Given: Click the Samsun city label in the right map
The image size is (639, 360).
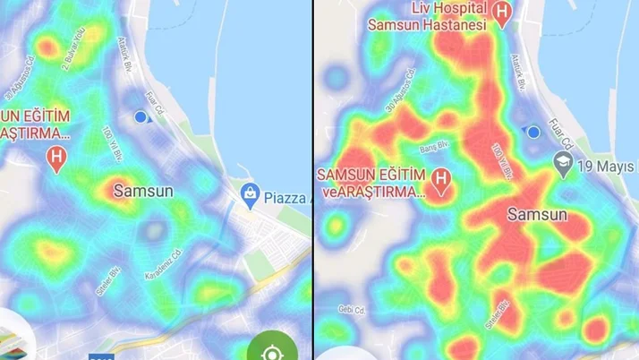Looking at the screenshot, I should click(x=537, y=215).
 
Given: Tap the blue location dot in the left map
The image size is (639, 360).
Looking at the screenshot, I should click(x=140, y=117).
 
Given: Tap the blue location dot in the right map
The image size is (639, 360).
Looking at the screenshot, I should click(x=533, y=133).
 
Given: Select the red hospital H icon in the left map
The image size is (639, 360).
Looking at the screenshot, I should click(x=58, y=159).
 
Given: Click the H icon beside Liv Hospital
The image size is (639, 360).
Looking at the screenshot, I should click(x=503, y=13).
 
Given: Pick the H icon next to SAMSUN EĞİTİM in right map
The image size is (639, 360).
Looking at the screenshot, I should click(x=440, y=179).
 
